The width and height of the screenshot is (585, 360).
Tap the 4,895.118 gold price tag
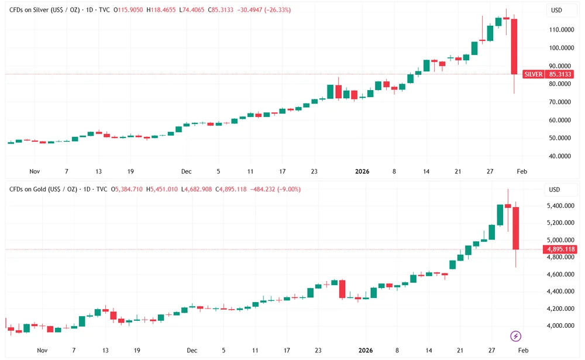pyautogui.click(x=560, y=249)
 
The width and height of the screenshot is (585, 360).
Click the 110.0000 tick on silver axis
pyautogui.click(x=560, y=29)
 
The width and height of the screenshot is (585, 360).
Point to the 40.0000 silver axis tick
pyautogui.click(x=560, y=156)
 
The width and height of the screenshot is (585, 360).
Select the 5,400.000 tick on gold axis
pyautogui.click(x=560, y=206)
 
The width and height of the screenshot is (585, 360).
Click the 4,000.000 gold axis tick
pyautogui.click(x=560, y=325)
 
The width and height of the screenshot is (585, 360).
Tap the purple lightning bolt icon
pyautogui.click(x=516, y=336)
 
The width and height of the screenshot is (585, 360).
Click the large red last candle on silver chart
pyautogui.click(x=514, y=47)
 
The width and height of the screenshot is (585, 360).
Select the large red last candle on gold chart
pyautogui.click(x=516, y=228)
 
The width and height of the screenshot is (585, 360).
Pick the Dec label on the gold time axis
pyautogui.click(x=191, y=351)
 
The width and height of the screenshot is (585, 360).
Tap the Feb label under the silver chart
pyautogui.click(x=522, y=172)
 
